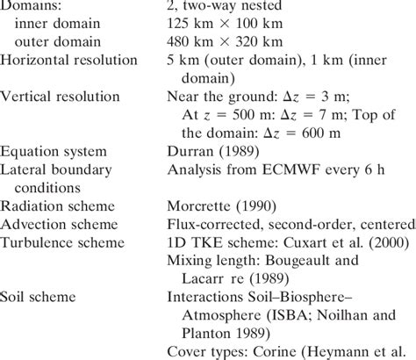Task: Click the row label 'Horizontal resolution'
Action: click(69, 60)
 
